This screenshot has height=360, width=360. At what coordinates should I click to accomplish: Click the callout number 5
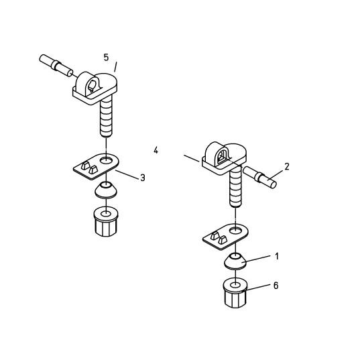(106, 58)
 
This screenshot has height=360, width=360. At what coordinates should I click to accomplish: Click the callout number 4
(156, 150)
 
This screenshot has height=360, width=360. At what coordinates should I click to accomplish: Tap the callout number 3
(142, 178)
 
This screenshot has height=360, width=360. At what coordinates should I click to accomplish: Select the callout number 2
(287, 166)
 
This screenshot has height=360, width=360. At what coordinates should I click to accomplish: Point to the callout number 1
(276, 256)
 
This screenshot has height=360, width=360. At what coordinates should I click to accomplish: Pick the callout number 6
(276, 286)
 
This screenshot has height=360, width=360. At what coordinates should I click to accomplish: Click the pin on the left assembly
(56, 66)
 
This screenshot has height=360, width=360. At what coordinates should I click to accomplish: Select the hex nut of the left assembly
(105, 221)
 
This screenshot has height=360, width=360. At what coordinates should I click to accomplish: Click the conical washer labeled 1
(235, 262)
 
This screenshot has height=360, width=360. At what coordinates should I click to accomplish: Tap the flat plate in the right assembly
(225, 235)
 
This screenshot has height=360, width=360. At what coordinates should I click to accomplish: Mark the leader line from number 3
(127, 174)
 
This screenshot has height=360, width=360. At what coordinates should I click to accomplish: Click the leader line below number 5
(116, 67)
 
